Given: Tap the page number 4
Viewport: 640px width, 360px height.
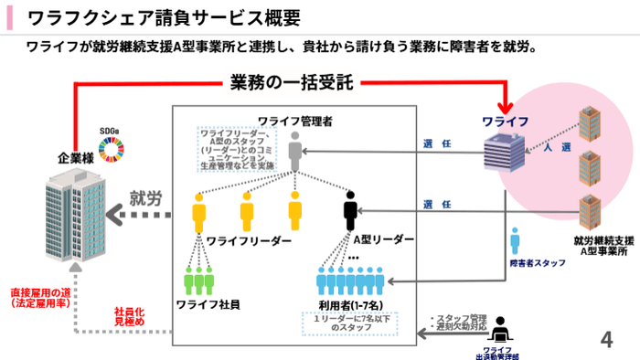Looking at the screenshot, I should (605, 340).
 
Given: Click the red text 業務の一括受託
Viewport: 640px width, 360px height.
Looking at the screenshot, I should (291, 83).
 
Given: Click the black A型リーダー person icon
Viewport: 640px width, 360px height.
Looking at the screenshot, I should (350, 212).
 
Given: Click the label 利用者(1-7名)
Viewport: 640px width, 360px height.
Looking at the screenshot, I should (352, 303).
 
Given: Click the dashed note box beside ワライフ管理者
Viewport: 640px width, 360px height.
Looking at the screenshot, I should (235, 150).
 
